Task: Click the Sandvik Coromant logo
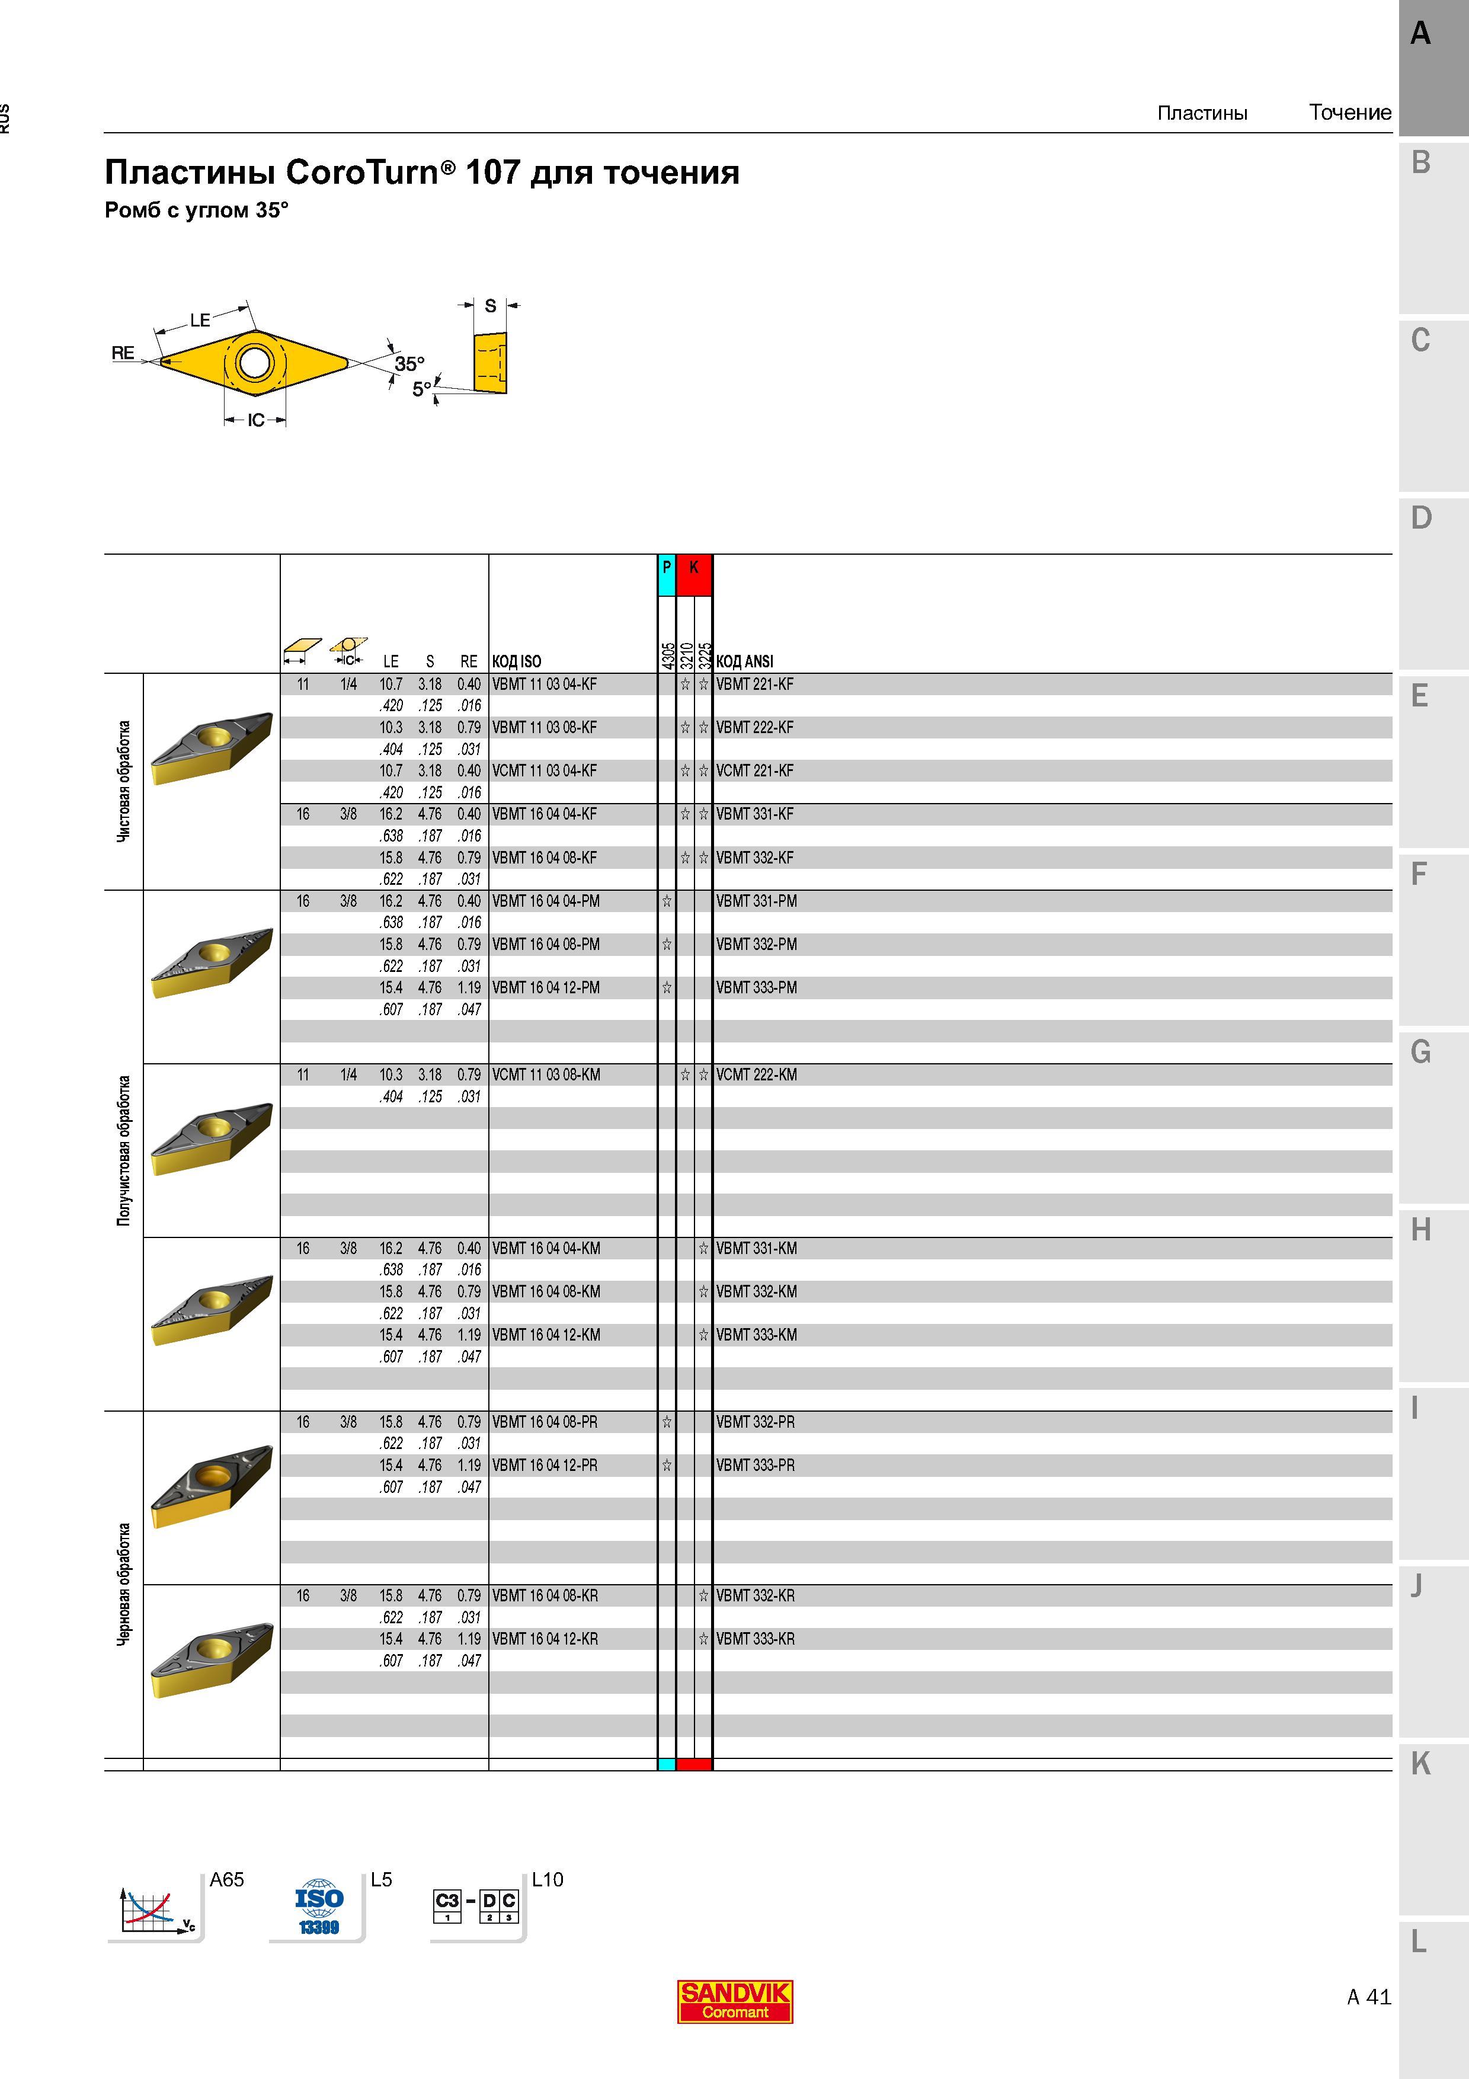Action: (x=735, y=2001)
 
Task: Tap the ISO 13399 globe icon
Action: (x=319, y=1907)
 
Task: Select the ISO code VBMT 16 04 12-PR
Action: (x=545, y=1465)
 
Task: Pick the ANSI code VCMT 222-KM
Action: (x=757, y=1075)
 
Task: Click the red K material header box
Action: (x=695, y=575)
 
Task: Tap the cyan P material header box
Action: (x=666, y=575)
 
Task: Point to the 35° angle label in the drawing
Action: (x=409, y=364)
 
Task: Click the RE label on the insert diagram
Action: (x=123, y=353)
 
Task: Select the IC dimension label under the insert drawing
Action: (x=256, y=420)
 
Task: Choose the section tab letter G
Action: (x=1420, y=1052)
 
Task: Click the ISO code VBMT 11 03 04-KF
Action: (x=545, y=685)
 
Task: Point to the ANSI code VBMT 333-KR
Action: (x=756, y=1639)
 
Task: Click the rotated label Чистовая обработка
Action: (x=124, y=782)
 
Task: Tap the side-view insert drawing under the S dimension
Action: (x=489, y=363)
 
